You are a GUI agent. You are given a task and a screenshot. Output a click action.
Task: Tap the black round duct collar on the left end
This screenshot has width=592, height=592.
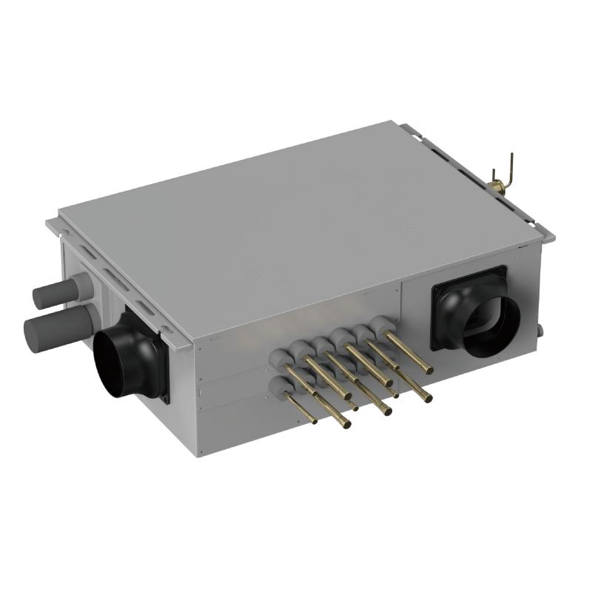129,363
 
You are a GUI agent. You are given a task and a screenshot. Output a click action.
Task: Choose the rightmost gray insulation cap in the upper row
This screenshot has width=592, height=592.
382,324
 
